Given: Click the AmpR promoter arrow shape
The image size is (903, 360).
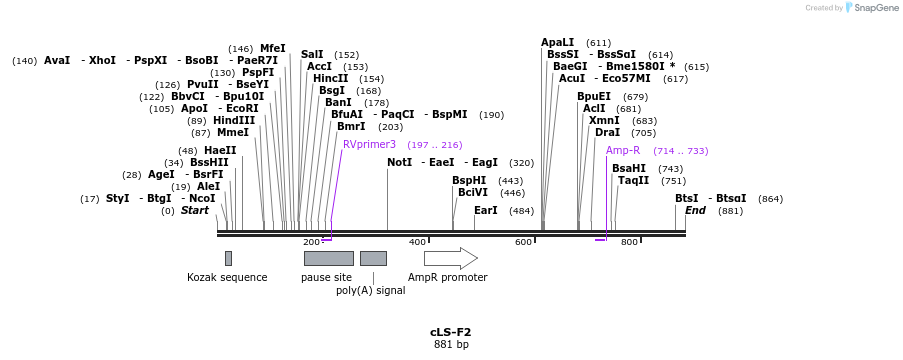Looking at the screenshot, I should [x=450, y=258].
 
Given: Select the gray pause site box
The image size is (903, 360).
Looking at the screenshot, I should [x=328, y=258].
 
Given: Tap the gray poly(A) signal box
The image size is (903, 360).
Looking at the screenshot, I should [x=373, y=258].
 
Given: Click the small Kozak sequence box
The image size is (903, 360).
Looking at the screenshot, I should [x=228, y=258].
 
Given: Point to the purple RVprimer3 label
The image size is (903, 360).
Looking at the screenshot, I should [x=369, y=145].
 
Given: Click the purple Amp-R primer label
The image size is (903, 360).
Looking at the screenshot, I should [x=623, y=151].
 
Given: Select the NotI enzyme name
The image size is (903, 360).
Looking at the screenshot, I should [x=400, y=162].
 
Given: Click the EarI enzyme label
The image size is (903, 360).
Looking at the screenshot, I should [x=485, y=211].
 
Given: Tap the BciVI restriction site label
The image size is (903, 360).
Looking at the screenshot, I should [x=473, y=193].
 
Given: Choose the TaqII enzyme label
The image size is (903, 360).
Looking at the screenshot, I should [x=633, y=181].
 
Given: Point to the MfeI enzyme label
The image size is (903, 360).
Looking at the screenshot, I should [x=272, y=48].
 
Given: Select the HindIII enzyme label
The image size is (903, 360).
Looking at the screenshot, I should [x=234, y=120].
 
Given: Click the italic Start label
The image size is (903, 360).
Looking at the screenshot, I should [x=195, y=211].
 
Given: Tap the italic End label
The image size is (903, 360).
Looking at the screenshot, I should [x=696, y=211].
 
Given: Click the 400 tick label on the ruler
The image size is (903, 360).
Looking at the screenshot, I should [x=417, y=242].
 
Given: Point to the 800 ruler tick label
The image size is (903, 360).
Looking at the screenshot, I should [x=629, y=242].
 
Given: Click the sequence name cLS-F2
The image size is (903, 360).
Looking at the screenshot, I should [x=450, y=332].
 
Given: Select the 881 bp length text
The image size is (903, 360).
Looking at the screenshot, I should [x=450, y=345].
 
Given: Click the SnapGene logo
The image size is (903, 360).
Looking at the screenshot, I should [x=869, y=8].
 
